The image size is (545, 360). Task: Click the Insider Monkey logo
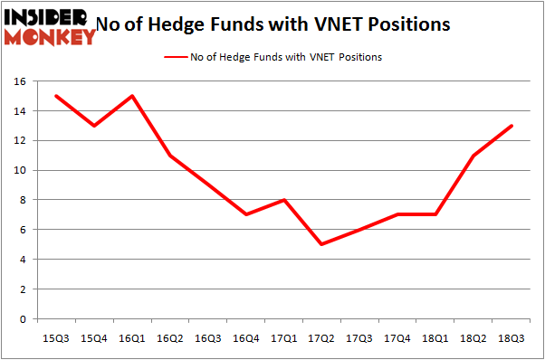pyautogui.click(x=50, y=26)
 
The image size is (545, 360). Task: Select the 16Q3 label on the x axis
pyautogui.click(x=207, y=336)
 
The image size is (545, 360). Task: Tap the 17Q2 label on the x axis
pyautogui.click(x=321, y=336)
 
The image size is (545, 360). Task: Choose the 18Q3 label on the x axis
pyautogui.click(x=512, y=336)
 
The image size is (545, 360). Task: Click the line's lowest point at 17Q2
pyautogui.click(x=321, y=244)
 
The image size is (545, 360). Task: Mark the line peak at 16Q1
pyautogui.click(x=132, y=96)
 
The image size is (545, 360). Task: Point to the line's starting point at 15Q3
pyautogui.click(x=56, y=96)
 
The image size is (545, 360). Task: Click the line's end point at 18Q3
pyautogui.click(x=512, y=126)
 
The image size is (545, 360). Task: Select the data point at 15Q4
pyautogui.click(x=94, y=126)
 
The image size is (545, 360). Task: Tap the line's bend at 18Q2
pyautogui.click(x=473, y=156)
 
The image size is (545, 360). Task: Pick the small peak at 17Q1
pyautogui.click(x=283, y=200)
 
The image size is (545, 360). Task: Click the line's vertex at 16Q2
pyautogui.click(x=170, y=156)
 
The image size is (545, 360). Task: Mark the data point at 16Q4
pyautogui.click(x=245, y=214)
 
